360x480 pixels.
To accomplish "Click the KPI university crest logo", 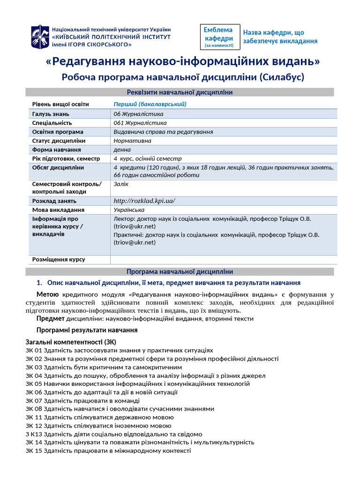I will pos(39,37).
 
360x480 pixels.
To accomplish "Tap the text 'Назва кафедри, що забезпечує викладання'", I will pos(280,37).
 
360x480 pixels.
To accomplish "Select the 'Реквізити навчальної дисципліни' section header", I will pos(180,92).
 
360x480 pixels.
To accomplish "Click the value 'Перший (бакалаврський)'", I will pos(150,104).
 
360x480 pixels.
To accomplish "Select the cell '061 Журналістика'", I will pos(140,123).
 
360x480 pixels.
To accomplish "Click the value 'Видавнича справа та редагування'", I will pos(163,132).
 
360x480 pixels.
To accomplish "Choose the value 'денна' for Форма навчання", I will pos(122,150).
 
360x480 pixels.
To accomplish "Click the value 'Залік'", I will pos(121,184).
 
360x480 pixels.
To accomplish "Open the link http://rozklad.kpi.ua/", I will pos(144,201).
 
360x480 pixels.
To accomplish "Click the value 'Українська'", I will pos(129,210).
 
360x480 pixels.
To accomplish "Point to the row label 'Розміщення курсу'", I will pos(59,260).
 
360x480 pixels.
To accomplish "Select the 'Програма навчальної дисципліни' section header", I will pos(180,272).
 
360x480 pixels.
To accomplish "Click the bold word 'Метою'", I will pos(48,294).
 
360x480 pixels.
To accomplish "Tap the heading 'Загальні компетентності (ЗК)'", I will pos(71,341).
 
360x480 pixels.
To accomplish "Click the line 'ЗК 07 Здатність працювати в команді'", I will pos(82,401).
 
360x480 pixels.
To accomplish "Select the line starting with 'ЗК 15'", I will pos(108,450).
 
